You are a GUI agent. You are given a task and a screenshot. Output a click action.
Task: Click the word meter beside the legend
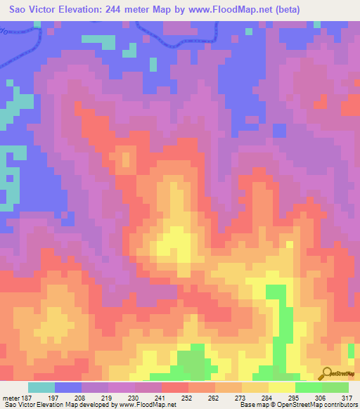pos(11,397)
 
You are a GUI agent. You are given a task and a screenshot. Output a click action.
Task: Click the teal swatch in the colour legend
pos(41,387)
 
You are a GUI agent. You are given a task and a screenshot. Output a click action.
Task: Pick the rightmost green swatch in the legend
pos(335,387)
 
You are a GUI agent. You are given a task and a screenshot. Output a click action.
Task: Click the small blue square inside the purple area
pos(279,130)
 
